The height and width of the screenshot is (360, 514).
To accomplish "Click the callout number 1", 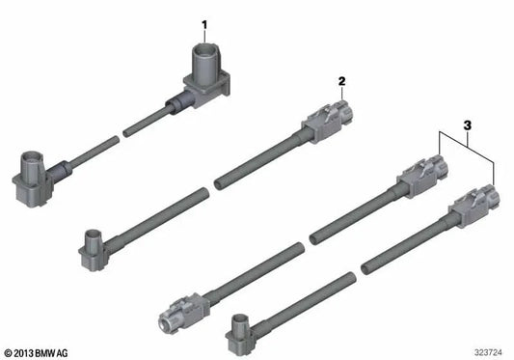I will point(203,22).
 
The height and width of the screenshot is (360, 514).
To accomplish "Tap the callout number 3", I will point(467,125).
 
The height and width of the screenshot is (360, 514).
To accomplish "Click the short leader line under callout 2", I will point(339,94).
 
